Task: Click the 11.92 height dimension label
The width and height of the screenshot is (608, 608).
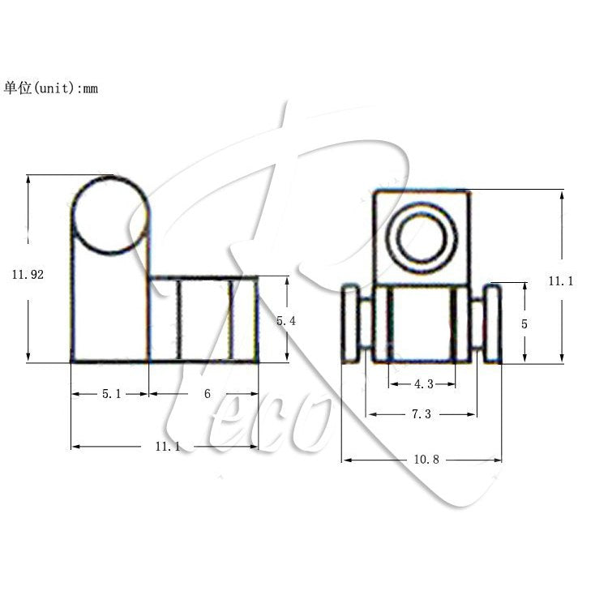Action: pos(28,275)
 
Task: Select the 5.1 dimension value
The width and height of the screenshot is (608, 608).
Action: pos(112,394)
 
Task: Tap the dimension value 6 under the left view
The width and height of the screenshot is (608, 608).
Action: pos(208,394)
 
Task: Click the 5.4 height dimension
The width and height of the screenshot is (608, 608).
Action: pos(286,321)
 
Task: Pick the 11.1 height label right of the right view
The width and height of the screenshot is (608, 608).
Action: pos(561,281)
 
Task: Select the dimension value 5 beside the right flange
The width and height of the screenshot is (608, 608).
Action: pos(525,323)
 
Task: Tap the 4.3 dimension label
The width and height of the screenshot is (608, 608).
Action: pos(422,384)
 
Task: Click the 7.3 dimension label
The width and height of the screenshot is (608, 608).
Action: pos(421,414)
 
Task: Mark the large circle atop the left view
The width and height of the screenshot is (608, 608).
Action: pos(111,214)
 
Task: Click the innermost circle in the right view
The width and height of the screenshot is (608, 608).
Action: pos(422,237)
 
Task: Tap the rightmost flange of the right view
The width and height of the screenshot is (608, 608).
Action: pos(492,324)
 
